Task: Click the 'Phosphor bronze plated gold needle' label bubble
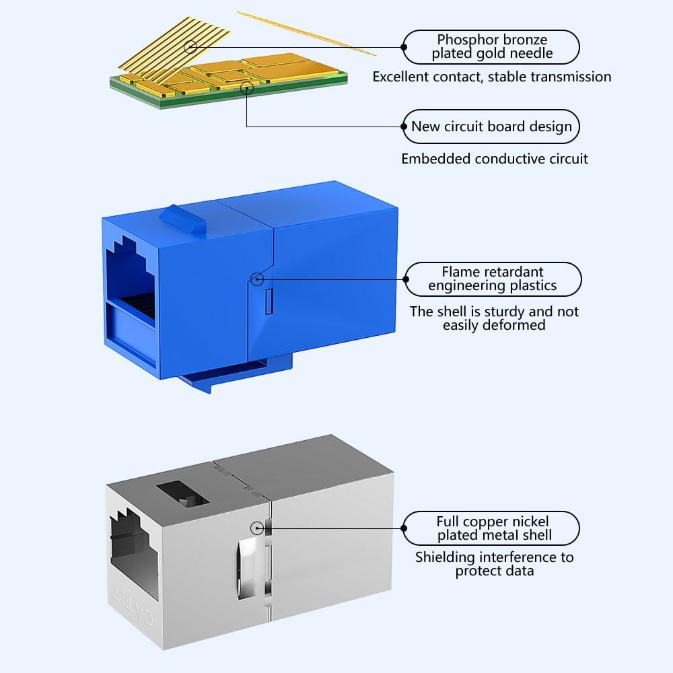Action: point(491,47)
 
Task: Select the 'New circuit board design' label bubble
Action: point(491,127)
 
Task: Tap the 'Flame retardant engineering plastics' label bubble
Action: point(493,279)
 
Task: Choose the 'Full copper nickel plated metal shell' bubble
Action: point(491,528)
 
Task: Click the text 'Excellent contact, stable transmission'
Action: point(492,77)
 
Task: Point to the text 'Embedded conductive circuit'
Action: point(495,159)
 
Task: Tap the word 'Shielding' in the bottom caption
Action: point(445,557)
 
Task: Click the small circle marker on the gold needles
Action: point(190,46)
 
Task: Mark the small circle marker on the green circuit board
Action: point(247,88)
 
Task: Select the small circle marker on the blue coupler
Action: point(256,279)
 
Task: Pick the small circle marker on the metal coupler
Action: point(257,528)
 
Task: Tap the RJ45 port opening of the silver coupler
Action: point(135,554)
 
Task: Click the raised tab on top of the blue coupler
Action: point(183,219)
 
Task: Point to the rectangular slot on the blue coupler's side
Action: point(269,302)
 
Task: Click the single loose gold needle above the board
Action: point(306,34)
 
